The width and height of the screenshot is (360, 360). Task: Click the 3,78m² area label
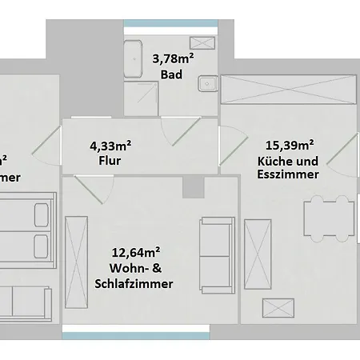tap(173, 59)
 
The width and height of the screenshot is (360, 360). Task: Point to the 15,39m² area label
tap(286, 145)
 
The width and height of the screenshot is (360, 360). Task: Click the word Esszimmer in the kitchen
tap(289, 174)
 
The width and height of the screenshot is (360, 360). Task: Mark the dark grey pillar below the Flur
tap(192, 186)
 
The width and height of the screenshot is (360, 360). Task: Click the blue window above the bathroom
tap(170, 22)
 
